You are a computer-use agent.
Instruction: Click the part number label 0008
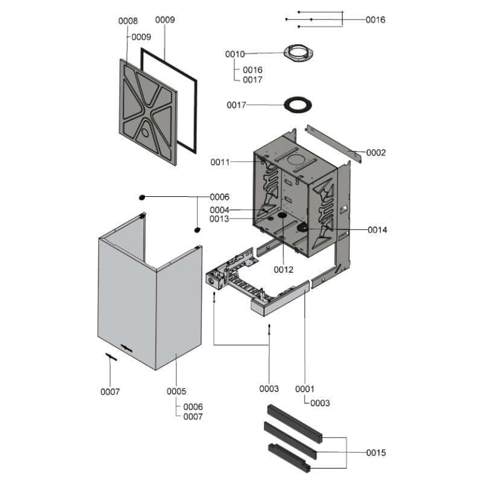pos(127,21)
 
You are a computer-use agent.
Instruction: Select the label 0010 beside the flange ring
pos(235,54)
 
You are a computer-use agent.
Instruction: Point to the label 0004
pos(220,210)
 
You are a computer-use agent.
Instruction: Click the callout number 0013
pos(220,219)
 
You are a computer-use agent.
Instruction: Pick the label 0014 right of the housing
pos(377,230)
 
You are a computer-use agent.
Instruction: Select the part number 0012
pos(283,269)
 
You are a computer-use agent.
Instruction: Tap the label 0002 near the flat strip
pos(376,153)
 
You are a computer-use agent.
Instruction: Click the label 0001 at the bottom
pos(305,389)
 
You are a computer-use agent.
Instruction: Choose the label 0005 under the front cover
pos(176,392)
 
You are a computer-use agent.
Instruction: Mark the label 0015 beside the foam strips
pos(376,453)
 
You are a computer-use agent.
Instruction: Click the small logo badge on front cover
pos(128,347)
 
